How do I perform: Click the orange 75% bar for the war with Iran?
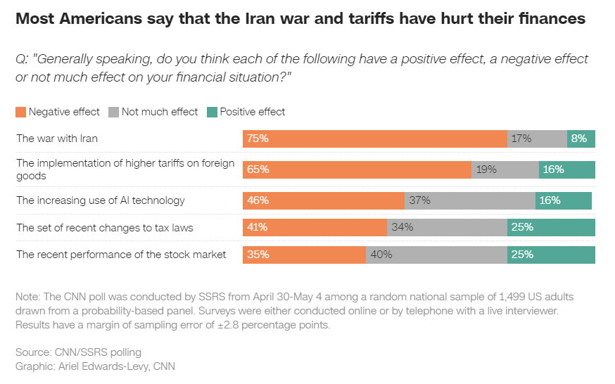(375, 139)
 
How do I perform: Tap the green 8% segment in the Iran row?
(581, 139)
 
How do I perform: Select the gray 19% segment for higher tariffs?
(505, 169)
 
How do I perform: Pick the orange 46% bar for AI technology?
(324, 200)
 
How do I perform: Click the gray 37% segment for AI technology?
(470, 200)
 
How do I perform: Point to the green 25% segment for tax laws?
(551, 228)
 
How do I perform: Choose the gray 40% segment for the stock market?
(436, 255)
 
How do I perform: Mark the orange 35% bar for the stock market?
(305, 255)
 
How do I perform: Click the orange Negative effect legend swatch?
(21, 112)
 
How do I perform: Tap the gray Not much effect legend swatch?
(113, 112)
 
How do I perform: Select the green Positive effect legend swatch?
(213, 112)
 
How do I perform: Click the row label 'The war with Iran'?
(57, 139)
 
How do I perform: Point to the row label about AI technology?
(101, 200)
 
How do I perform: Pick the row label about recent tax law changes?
(105, 228)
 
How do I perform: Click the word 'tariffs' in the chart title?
(371, 18)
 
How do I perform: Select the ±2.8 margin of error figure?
(228, 325)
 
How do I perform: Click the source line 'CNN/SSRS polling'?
(98, 352)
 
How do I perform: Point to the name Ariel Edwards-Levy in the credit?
(103, 366)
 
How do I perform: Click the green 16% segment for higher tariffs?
(567, 169)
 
